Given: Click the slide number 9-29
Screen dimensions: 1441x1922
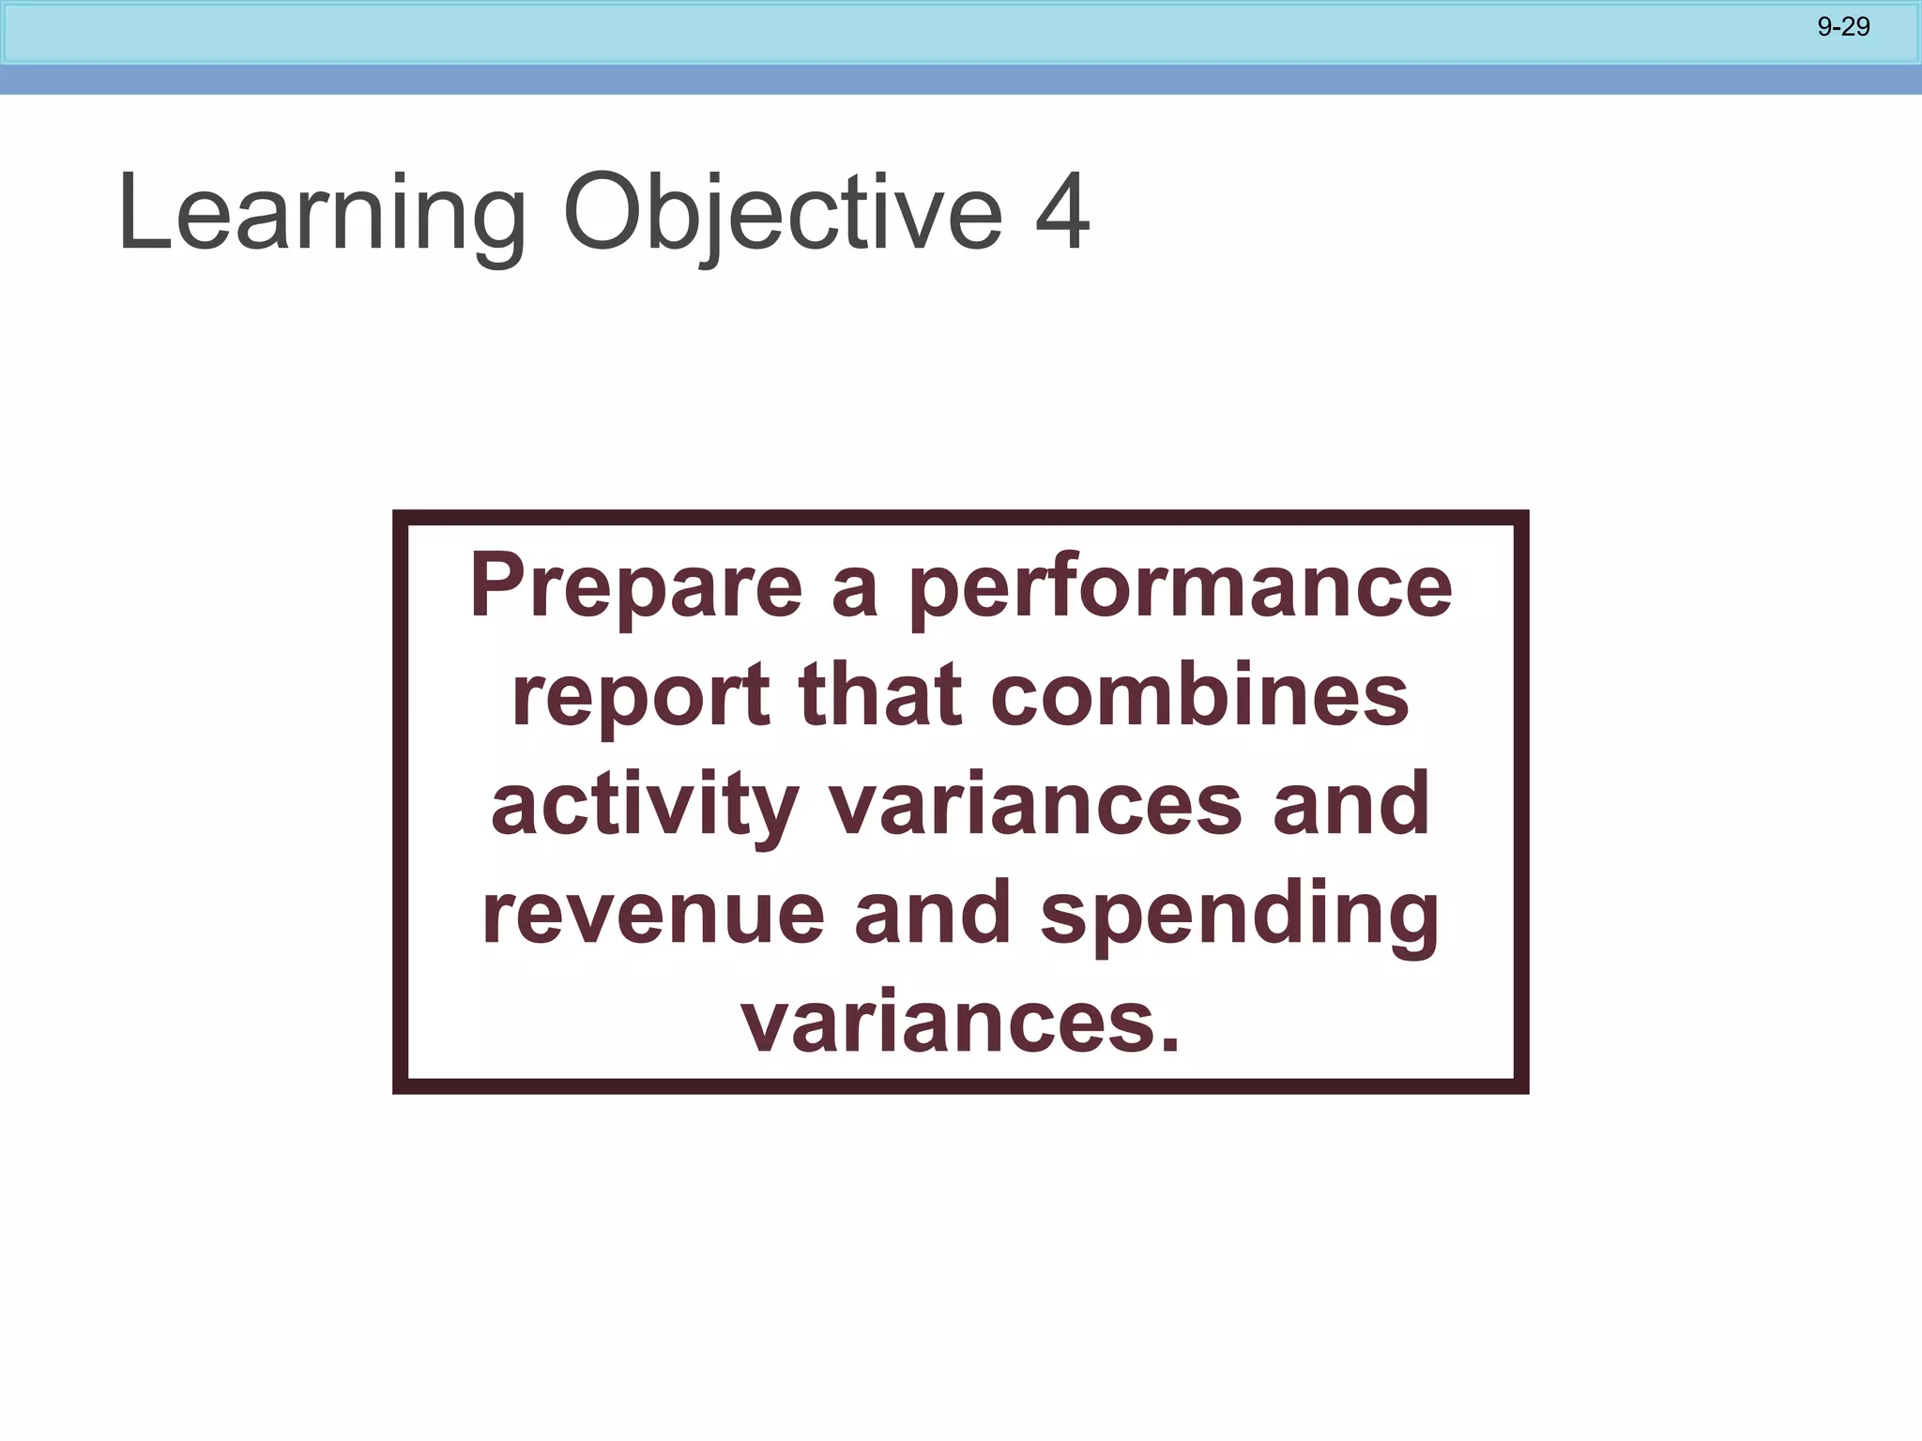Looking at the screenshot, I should coord(1843,27).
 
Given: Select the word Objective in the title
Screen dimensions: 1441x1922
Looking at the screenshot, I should coord(783,214).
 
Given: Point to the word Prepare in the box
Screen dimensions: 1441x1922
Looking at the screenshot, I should coord(636,587).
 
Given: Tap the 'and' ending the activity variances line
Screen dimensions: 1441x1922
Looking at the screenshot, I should coord(1351,805).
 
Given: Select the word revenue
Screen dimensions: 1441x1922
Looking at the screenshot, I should coord(653,914).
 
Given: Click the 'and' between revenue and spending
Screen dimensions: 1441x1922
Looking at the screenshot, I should coord(933,914).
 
